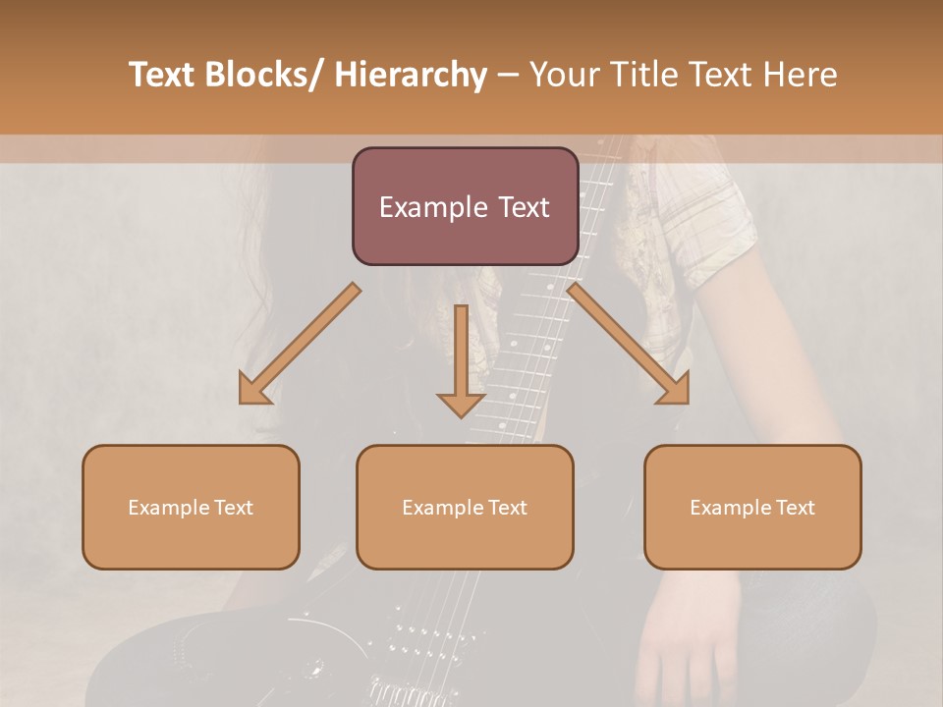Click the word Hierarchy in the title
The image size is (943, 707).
[411, 76]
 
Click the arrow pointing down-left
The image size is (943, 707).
[299, 344]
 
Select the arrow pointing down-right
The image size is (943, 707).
[629, 344]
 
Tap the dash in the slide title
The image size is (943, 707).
[508, 76]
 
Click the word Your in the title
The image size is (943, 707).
[559, 76]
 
